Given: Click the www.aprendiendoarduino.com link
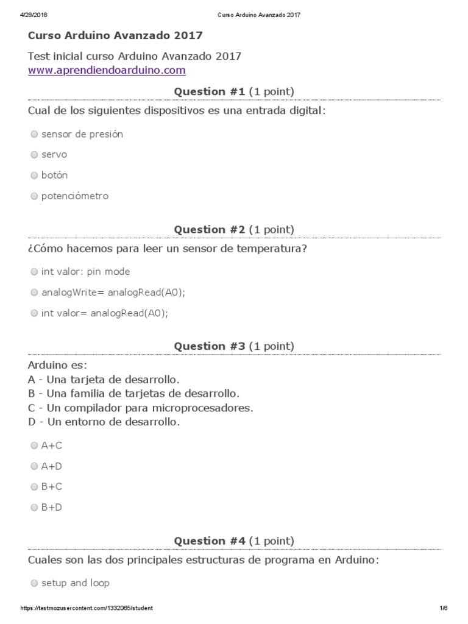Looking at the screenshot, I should click(107, 70).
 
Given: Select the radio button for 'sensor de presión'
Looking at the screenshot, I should click(34, 134).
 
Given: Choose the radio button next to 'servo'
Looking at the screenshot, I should click(34, 155).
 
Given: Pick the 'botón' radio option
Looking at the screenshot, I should click(34, 175).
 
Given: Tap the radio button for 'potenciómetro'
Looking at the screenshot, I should click(34, 196).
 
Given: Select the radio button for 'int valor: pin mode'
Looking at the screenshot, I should click(34, 272).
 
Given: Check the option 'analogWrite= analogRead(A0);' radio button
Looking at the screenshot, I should click(34, 292).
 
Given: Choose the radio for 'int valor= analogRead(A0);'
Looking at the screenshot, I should click(34, 313).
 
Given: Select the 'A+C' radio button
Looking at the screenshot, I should click(34, 445).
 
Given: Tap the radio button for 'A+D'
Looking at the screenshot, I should click(34, 466).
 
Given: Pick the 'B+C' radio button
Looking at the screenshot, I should click(34, 487).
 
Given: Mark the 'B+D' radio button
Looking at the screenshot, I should click(34, 507).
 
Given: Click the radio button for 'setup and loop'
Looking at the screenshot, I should click(34, 583).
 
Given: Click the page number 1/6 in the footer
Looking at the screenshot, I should click(443, 608).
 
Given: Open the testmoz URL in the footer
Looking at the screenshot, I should click(87, 608).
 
